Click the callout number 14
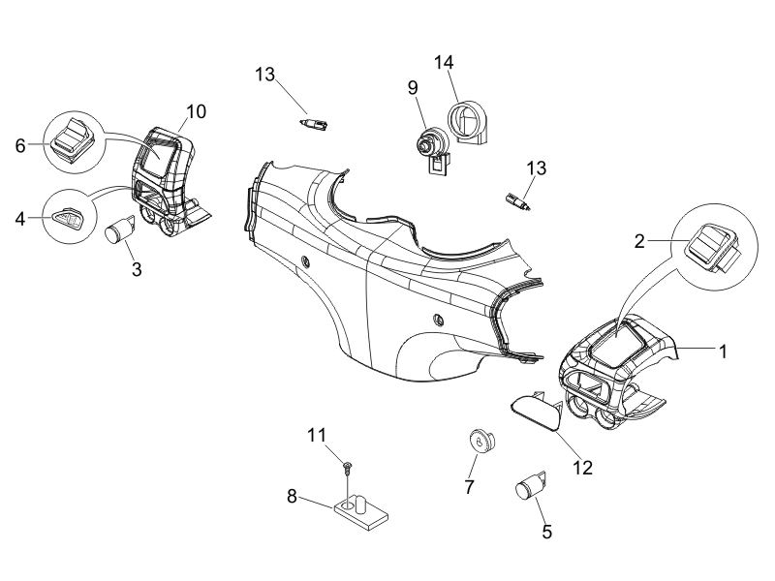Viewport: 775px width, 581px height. pos(444,63)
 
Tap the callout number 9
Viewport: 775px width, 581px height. pos(413,88)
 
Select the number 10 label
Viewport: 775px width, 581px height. pos(196,111)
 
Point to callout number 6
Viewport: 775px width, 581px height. pos(20,146)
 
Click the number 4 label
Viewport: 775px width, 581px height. pos(20,219)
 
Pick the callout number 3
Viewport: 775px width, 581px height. pos(137,269)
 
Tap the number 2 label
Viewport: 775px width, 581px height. pos(639,241)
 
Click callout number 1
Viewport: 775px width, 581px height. pos(723,352)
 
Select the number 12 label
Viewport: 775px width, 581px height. pos(582,468)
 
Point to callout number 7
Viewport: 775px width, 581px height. pos(469,487)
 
